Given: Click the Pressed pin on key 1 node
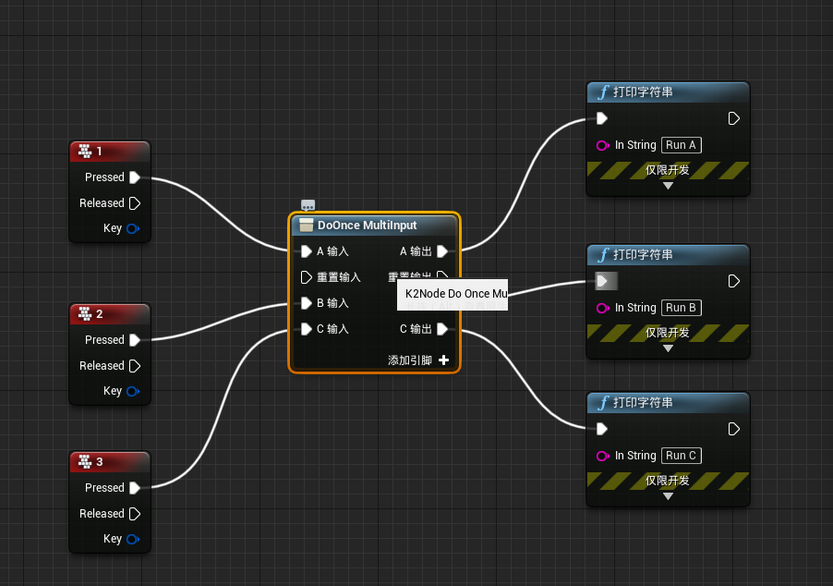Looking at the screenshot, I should (135, 177).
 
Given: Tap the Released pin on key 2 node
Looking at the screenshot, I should (135, 366).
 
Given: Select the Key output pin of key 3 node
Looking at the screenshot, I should (133, 540).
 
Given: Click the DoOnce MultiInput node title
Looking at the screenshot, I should (367, 225).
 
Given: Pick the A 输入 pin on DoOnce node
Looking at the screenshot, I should (307, 251).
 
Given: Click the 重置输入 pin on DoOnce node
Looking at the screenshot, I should (307, 277).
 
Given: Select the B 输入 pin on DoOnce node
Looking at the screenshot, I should (307, 303).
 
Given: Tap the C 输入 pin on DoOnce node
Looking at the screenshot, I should (307, 329).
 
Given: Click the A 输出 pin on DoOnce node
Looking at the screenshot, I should (442, 251).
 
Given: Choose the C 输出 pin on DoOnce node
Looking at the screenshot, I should (442, 329).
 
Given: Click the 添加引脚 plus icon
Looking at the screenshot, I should (444, 360).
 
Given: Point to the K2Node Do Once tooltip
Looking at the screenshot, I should (453, 294).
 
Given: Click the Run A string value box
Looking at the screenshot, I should (682, 145).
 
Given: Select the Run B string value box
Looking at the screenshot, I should (682, 308).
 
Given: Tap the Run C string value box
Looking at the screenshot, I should (682, 456).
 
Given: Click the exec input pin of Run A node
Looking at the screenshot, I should (602, 118).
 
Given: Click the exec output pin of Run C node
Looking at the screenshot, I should (734, 429).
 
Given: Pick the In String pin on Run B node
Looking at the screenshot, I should (603, 308).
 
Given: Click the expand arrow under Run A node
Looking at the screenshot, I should (668, 186).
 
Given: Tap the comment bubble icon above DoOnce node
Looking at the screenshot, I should (308, 206).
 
